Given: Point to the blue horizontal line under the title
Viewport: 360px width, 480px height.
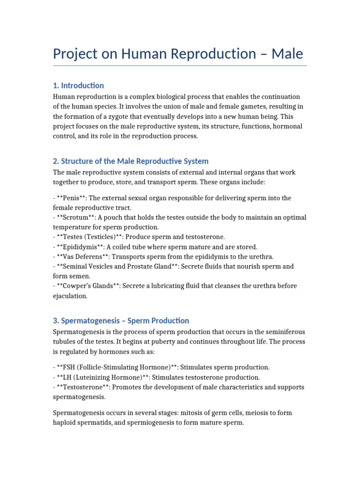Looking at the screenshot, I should click(180, 66).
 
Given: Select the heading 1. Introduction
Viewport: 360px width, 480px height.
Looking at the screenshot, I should click(78, 85).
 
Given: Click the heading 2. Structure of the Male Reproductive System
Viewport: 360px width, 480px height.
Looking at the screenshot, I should click(130, 161).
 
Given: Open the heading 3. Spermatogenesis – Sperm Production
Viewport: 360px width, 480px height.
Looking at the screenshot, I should click(121, 321).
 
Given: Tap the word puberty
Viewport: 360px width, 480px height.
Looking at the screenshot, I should click(178, 342).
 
